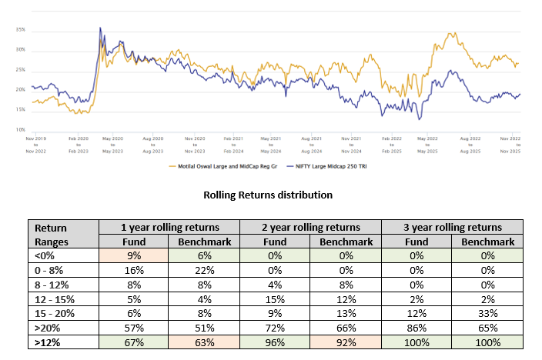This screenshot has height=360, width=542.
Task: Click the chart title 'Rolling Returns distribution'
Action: click(267, 195)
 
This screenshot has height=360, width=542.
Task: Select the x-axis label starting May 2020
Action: click(113, 144)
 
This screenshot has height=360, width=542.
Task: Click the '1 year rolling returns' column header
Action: click(169, 227)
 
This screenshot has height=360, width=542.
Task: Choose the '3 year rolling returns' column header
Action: click(452, 227)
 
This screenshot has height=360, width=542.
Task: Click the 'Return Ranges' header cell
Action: click(63, 234)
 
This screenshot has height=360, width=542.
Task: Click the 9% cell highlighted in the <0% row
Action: click(134, 255)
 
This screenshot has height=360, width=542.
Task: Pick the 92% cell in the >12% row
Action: click(346, 342)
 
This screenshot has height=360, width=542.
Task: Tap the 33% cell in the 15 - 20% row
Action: click(487, 313)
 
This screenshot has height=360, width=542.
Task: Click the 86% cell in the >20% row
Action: click(416, 327)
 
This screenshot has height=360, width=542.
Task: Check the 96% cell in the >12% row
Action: click(275, 342)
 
